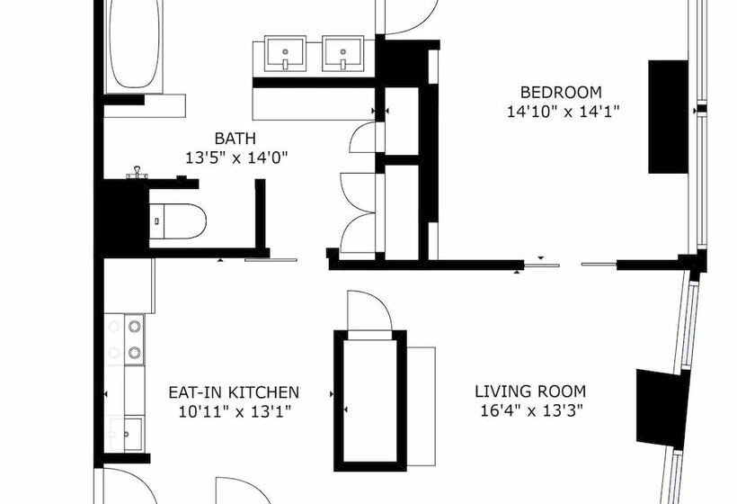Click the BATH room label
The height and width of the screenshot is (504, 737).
[x=235, y=139]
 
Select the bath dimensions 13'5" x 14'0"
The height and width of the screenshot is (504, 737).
[x=235, y=157]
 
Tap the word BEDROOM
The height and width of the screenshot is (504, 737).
[x=561, y=92]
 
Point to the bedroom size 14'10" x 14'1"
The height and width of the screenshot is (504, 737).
[x=561, y=112]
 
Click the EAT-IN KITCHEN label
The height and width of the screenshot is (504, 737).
[x=234, y=392]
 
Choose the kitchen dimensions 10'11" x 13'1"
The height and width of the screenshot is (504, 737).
[x=234, y=412]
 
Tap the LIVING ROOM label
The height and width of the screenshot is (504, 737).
[x=530, y=391]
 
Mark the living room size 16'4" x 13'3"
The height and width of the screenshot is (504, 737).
[x=530, y=411]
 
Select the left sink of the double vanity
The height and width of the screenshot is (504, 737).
[x=287, y=52]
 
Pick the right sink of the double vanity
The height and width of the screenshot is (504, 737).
[x=342, y=52]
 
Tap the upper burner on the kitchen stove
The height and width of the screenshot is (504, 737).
[x=134, y=327]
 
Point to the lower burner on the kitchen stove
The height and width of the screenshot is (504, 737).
[x=134, y=352]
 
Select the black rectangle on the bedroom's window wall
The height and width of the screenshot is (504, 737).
[x=669, y=116]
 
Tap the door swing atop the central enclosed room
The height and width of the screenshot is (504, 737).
[x=368, y=311]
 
